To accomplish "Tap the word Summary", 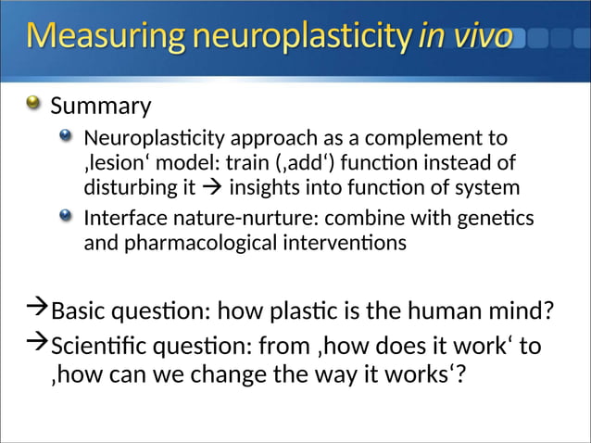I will (100, 107).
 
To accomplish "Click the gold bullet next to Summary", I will (33, 104).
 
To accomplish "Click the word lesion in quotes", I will (115, 164).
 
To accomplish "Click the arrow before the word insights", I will (212, 188).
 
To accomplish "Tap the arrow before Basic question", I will (38, 306).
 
